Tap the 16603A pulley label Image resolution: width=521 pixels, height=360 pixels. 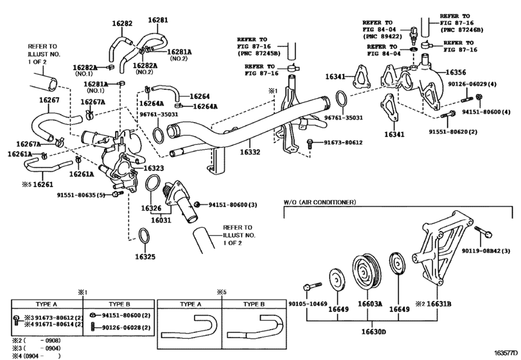[x=370, y=303]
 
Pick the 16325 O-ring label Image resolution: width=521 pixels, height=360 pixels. [x=145, y=256]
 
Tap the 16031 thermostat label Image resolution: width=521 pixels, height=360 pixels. [x=161, y=220]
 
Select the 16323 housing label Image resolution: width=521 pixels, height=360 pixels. [x=153, y=168]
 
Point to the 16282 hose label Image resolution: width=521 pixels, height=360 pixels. [x=121, y=23]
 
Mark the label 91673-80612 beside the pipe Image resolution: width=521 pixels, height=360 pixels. [x=343, y=143]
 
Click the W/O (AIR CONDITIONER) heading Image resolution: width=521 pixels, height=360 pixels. [x=319, y=203]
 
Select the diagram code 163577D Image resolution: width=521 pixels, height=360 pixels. [x=504, y=353]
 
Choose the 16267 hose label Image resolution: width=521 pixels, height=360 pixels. [x=49, y=100]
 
